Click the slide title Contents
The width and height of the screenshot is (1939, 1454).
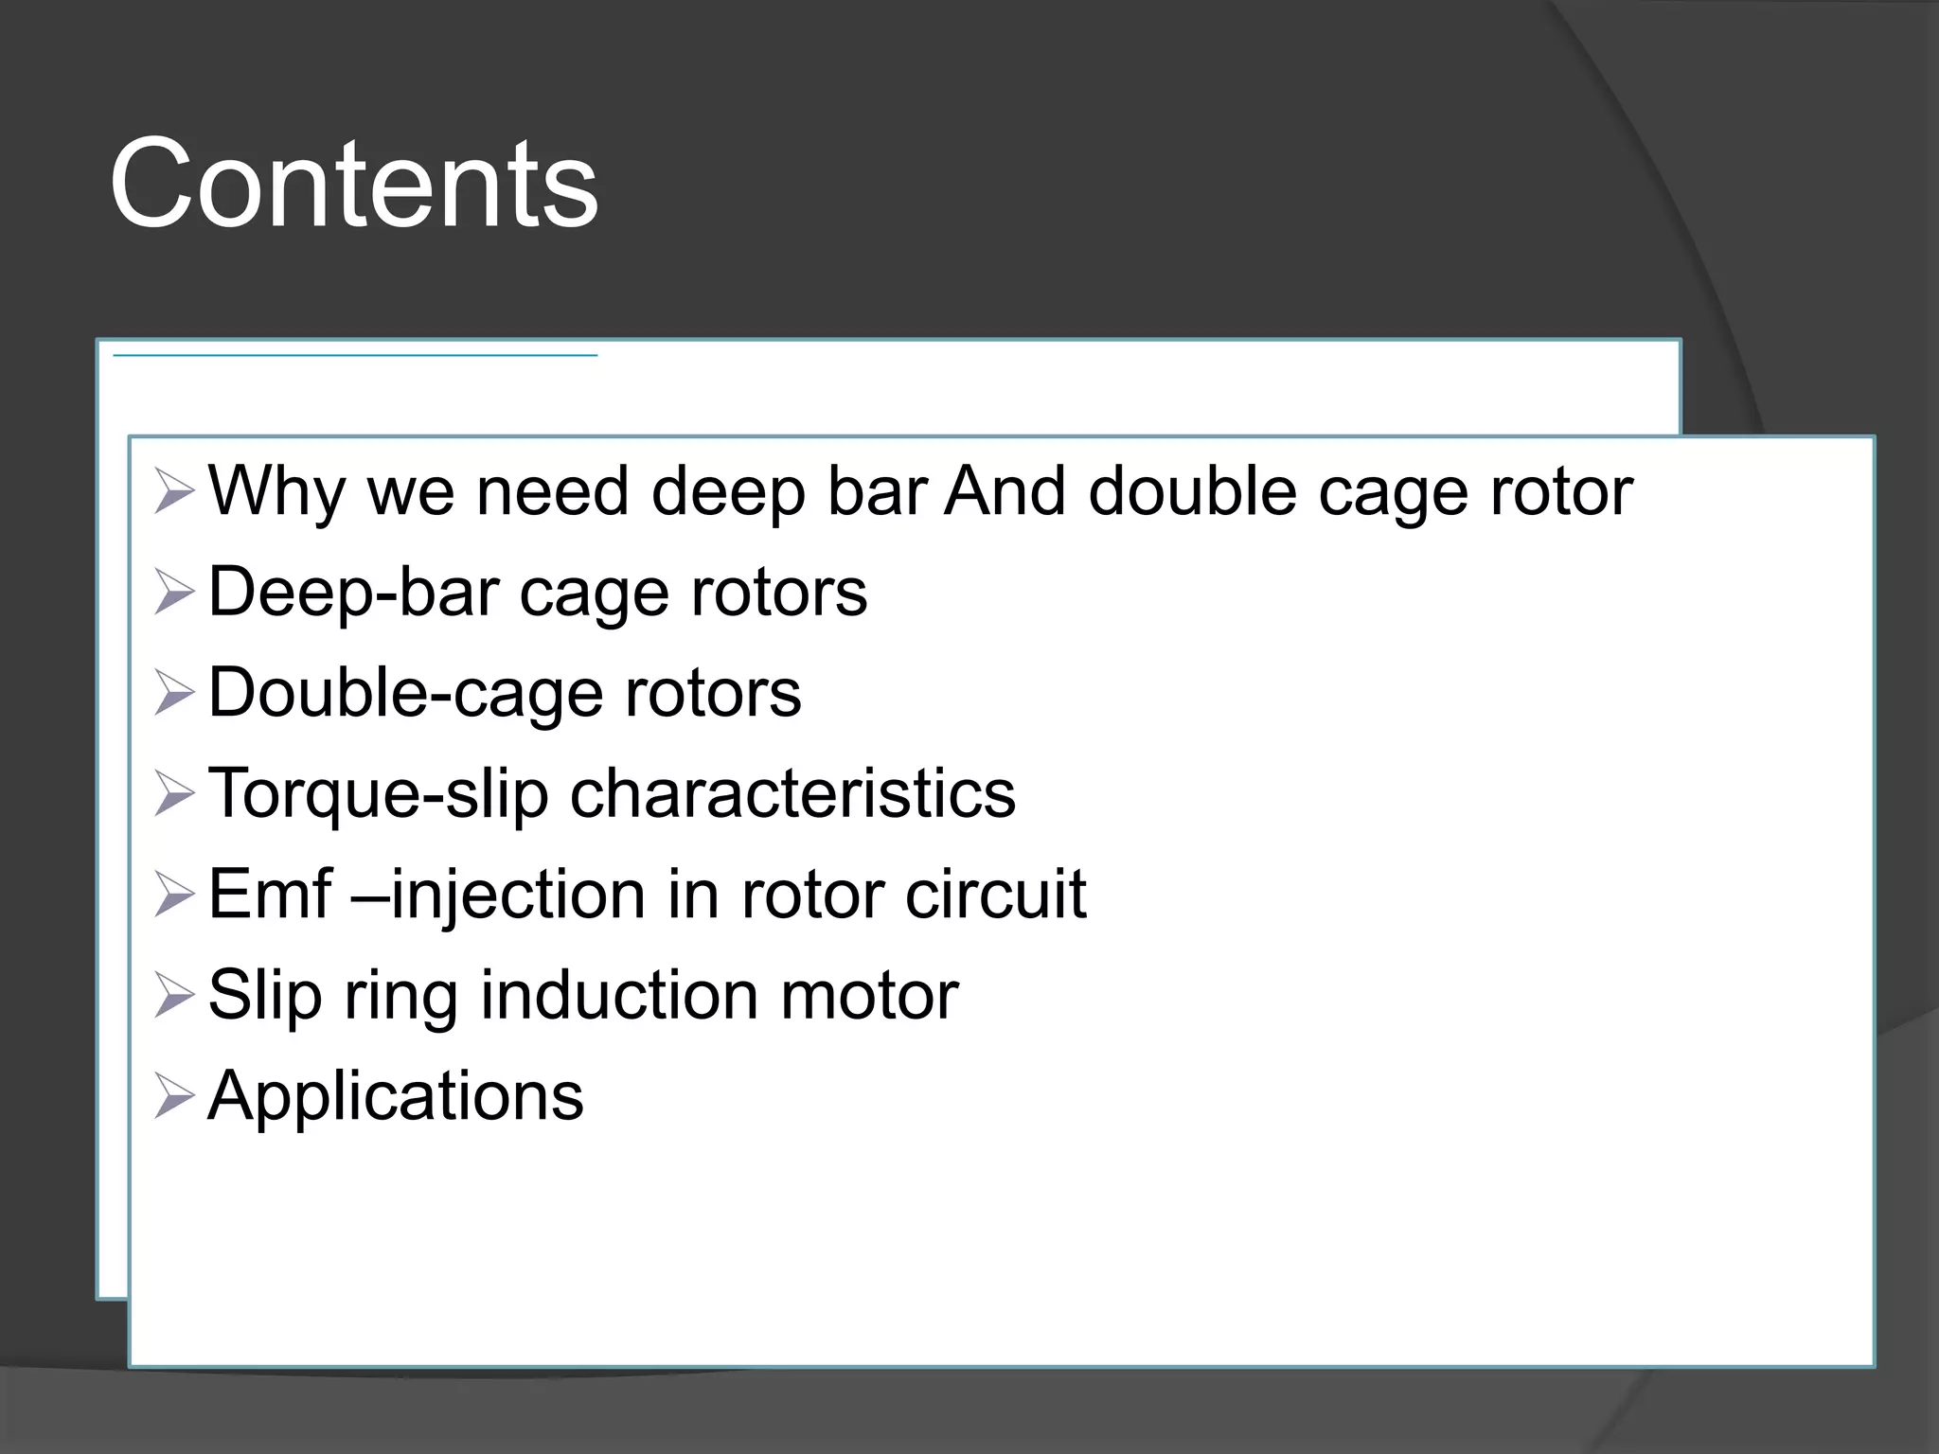pos(354,183)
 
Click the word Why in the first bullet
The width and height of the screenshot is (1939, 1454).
pos(276,492)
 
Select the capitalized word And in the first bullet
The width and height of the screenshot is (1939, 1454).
pos(1005,492)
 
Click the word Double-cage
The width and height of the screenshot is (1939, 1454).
pos(404,693)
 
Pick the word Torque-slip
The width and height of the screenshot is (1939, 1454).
pos(378,794)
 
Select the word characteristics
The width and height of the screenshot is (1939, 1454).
pos(792,793)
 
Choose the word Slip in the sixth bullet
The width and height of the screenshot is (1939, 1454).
pos(264,996)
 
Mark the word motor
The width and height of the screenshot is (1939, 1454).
pos(869,996)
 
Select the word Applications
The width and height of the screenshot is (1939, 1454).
pos(396,1097)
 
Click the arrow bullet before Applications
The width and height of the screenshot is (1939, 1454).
pos(173,1096)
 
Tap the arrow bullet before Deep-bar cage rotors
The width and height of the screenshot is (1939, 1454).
pos(173,593)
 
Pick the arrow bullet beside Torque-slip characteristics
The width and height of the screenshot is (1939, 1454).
pos(173,794)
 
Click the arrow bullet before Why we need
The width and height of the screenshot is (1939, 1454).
pos(173,492)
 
